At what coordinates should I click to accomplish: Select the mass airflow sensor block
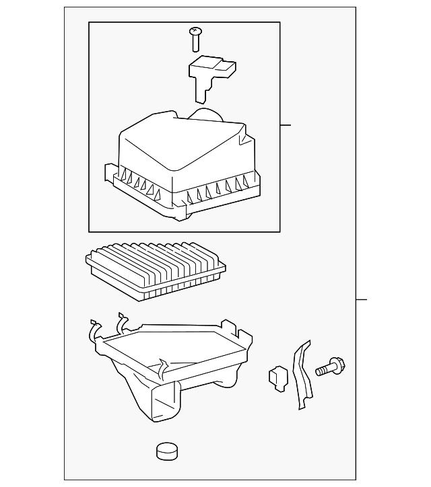[212, 69]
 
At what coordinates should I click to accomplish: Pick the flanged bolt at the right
[330, 367]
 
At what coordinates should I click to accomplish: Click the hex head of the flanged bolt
[339, 365]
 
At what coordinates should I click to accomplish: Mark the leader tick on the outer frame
[361, 299]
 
